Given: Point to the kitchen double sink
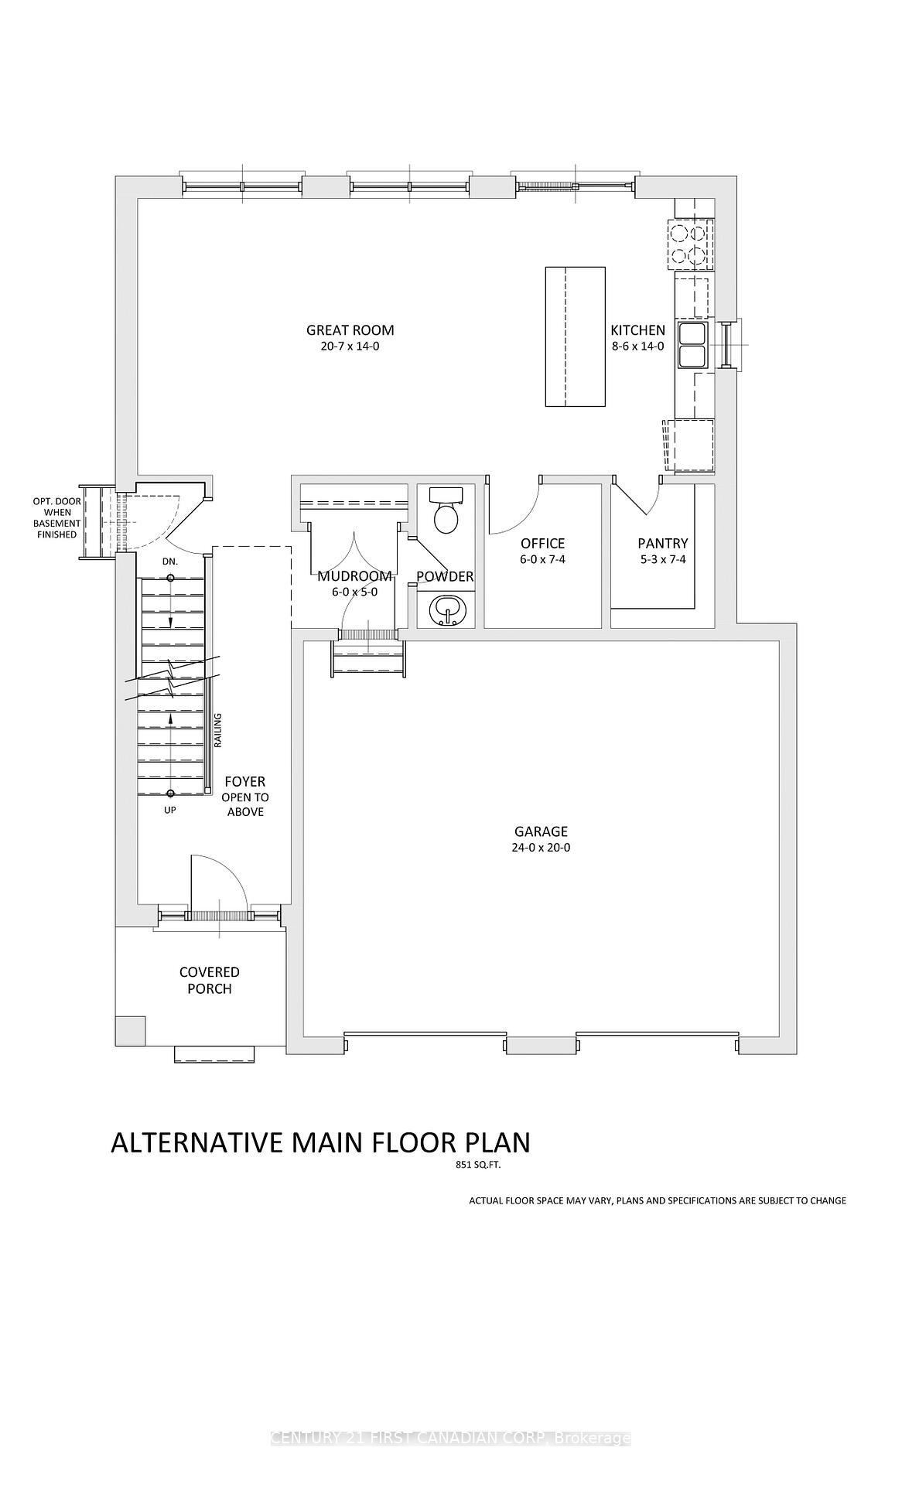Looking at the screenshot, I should pos(692,345).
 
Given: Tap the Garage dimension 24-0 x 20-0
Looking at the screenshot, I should pos(541,848).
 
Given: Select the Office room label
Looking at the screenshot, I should pos(542,544).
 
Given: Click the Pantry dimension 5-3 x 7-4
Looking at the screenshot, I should pos(662,559).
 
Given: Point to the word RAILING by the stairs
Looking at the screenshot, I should pos(218,730).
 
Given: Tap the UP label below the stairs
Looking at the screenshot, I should pos(170,811).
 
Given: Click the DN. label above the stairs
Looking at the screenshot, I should pos(170,562).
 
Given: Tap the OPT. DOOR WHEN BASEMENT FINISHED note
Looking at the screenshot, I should pos(56,518).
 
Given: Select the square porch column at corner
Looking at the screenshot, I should pos(129,1030).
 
